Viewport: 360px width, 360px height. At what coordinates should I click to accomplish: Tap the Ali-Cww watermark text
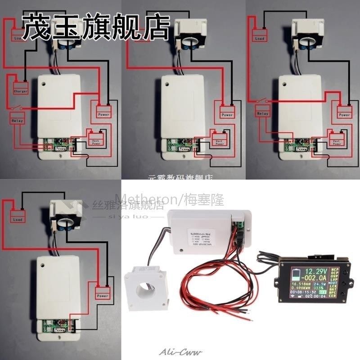(x=185, y=352)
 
